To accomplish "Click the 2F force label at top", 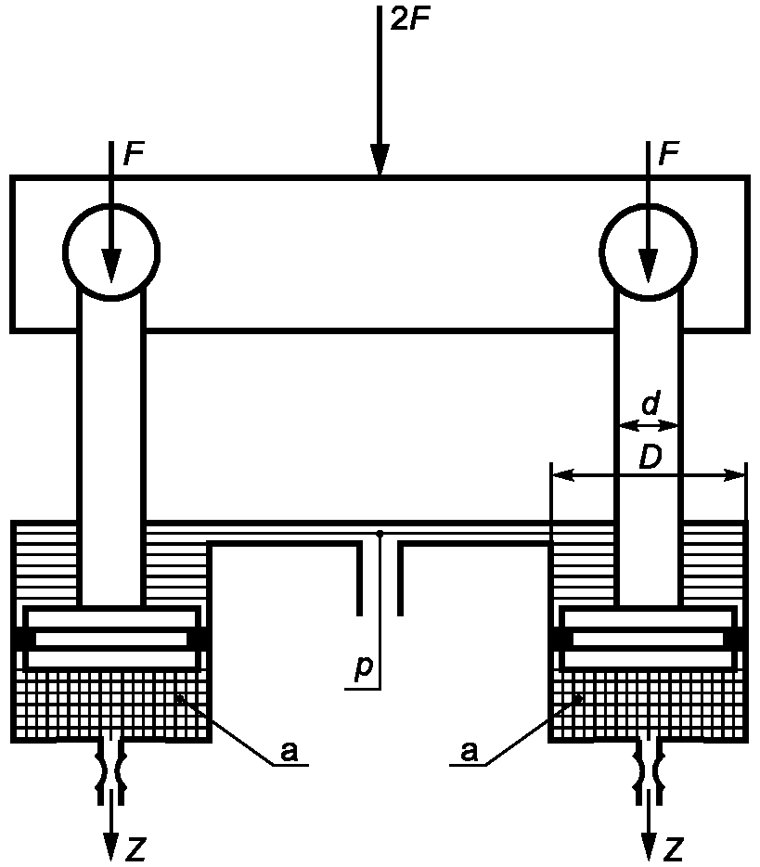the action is pos(409,19).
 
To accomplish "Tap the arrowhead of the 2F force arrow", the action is pos(380,160).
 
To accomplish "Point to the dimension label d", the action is pos(651,403).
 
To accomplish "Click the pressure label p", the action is pos(364,666).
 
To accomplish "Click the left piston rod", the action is pos(111,447).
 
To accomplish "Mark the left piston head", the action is pos(111,639).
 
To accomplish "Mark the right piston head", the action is pos(649,639).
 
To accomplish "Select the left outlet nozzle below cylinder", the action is pos(111,771).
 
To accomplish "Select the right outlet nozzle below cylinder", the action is pos(649,771).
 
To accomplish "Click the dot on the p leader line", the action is pos(380,534).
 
